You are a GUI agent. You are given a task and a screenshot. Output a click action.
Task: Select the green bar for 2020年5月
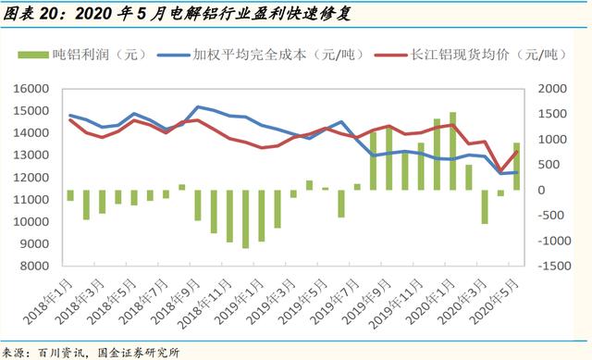pos(516,167)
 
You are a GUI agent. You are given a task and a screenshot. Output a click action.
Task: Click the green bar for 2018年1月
pos(70,195)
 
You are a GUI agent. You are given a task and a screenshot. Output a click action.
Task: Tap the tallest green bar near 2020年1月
pos(453,151)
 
